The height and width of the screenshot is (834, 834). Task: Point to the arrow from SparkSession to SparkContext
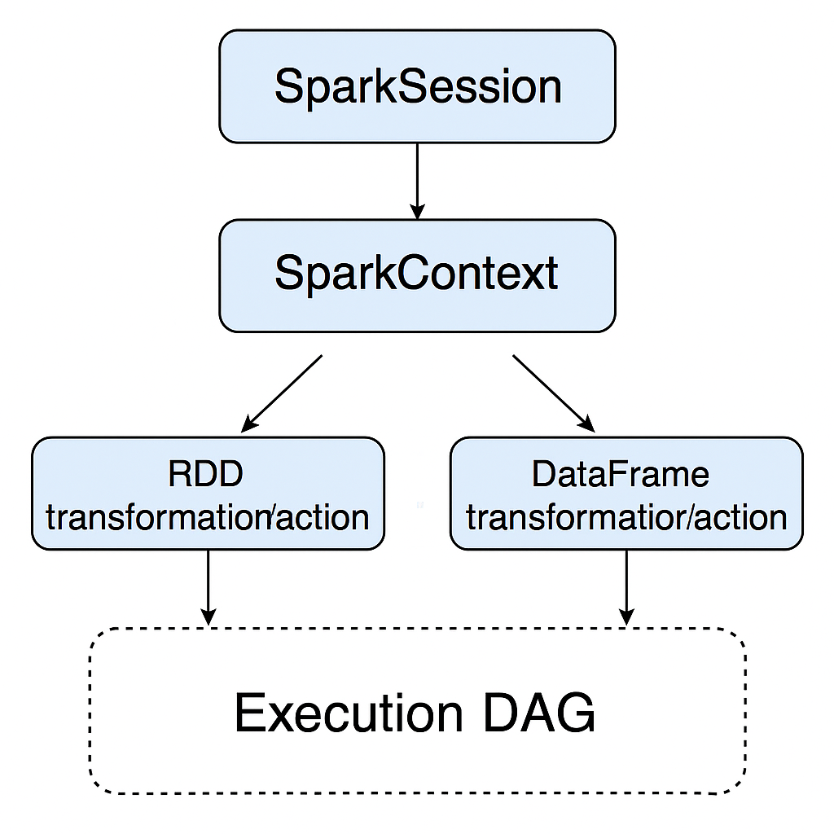point(417,179)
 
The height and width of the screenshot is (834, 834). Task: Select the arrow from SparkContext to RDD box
point(283,392)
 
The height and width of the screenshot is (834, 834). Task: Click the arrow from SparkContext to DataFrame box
point(552,392)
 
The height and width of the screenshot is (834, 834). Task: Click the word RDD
point(206,475)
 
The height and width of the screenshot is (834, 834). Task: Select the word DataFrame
point(621,475)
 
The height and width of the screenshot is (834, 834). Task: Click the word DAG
point(539,713)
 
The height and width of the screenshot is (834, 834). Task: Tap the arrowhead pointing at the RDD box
point(249,424)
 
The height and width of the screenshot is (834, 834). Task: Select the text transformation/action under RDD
point(208,517)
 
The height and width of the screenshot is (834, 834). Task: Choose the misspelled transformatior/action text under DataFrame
point(626,517)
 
